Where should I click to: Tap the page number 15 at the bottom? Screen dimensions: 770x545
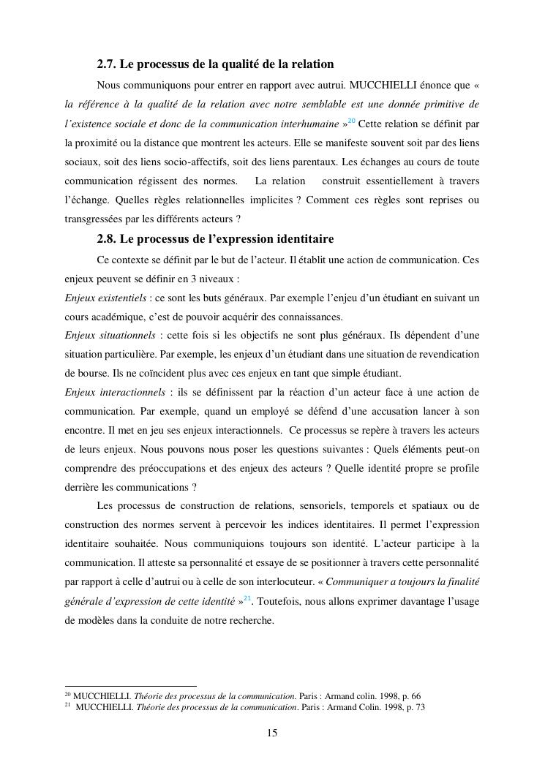[272, 733]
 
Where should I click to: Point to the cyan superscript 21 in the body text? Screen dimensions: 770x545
[247, 598]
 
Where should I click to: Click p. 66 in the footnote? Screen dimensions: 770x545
[409, 696]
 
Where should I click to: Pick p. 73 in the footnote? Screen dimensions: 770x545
[413, 707]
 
